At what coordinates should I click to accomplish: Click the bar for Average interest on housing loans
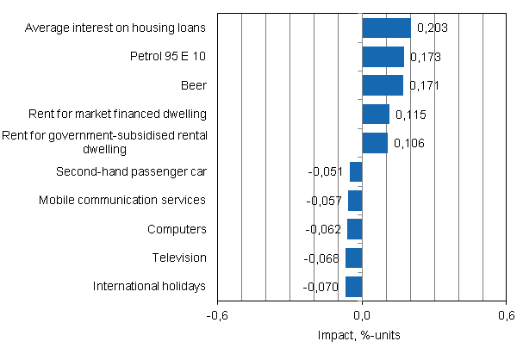click(x=386, y=28)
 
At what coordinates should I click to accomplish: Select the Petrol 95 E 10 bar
click(x=383, y=57)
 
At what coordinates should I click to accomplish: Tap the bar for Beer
click(x=383, y=85)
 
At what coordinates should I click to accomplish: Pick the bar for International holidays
click(x=353, y=286)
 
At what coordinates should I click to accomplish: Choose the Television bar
click(x=353, y=258)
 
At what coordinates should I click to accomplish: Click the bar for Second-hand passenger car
click(x=356, y=171)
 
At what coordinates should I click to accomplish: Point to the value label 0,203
click(x=433, y=28)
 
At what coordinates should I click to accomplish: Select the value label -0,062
click(x=324, y=229)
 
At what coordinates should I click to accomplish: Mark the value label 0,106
click(x=409, y=143)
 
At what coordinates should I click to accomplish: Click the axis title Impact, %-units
click(x=362, y=335)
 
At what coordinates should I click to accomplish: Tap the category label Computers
click(x=177, y=229)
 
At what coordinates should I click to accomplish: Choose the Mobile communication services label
click(x=122, y=200)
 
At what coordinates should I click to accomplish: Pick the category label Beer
click(x=195, y=85)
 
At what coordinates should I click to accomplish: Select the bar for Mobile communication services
click(x=355, y=201)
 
